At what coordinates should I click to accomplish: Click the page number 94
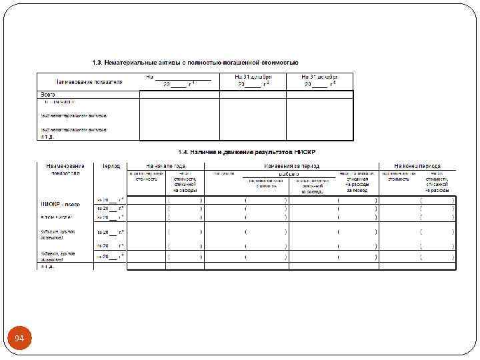19,339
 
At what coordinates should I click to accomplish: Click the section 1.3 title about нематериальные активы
195,62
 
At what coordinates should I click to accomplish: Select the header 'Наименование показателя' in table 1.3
89,81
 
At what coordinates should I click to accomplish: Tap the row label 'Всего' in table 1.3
49,94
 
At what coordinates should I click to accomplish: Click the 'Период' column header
111,165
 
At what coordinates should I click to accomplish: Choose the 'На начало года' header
166,165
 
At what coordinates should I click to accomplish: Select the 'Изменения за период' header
291,165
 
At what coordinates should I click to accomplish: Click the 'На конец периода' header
417,165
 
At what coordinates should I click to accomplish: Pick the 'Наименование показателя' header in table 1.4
65,169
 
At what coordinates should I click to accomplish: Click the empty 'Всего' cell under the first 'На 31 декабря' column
253,94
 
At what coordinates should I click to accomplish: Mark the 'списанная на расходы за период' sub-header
357,183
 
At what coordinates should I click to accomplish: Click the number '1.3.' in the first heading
97,62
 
